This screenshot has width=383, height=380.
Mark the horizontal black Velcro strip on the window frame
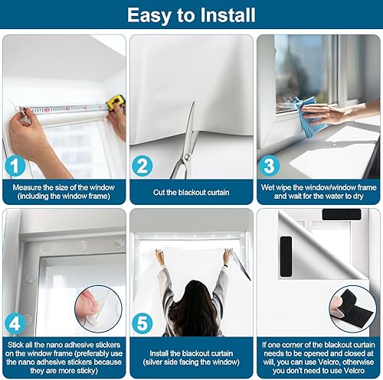click(342, 214)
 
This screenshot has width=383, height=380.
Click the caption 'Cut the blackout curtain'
click(191, 191)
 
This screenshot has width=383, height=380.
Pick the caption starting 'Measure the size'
click(64, 191)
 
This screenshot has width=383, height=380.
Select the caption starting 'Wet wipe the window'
click(318, 191)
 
